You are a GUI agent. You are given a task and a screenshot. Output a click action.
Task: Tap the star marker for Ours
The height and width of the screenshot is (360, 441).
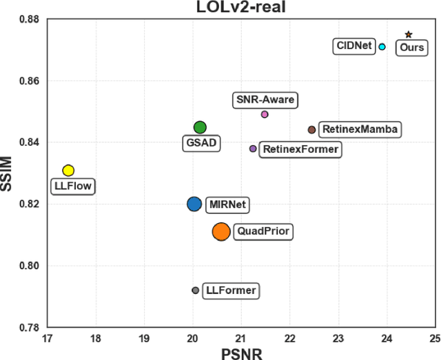click(x=409, y=34)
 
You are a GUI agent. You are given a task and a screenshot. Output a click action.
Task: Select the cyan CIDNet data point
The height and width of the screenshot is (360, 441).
click(x=382, y=47)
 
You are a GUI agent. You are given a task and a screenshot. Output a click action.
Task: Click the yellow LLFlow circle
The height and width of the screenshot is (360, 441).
click(x=68, y=171)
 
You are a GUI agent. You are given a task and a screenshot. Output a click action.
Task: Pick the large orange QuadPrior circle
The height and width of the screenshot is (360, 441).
click(x=220, y=232)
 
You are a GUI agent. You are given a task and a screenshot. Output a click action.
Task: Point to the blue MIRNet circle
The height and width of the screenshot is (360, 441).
click(x=194, y=204)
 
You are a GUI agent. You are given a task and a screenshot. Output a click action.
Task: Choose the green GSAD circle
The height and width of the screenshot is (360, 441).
click(x=200, y=127)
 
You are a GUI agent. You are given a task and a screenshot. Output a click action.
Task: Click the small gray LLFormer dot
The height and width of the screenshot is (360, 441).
click(x=195, y=290)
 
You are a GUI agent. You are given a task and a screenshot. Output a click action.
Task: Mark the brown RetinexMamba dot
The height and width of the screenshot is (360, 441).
click(x=311, y=129)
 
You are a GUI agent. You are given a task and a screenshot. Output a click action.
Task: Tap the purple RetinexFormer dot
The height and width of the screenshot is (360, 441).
click(x=253, y=149)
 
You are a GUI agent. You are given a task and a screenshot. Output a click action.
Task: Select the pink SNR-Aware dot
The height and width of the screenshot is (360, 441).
click(x=265, y=114)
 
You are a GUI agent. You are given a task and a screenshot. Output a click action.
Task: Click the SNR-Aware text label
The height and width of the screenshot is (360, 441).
click(x=265, y=100)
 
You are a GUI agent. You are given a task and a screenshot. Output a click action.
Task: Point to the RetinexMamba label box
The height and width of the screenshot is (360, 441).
click(x=360, y=129)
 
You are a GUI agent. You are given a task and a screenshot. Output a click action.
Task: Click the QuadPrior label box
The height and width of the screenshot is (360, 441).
click(x=262, y=232)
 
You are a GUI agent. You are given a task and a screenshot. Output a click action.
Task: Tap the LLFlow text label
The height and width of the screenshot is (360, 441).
click(x=72, y=186)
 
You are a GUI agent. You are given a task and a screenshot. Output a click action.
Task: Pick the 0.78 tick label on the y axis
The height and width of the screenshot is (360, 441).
click(x=28, y=327)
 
